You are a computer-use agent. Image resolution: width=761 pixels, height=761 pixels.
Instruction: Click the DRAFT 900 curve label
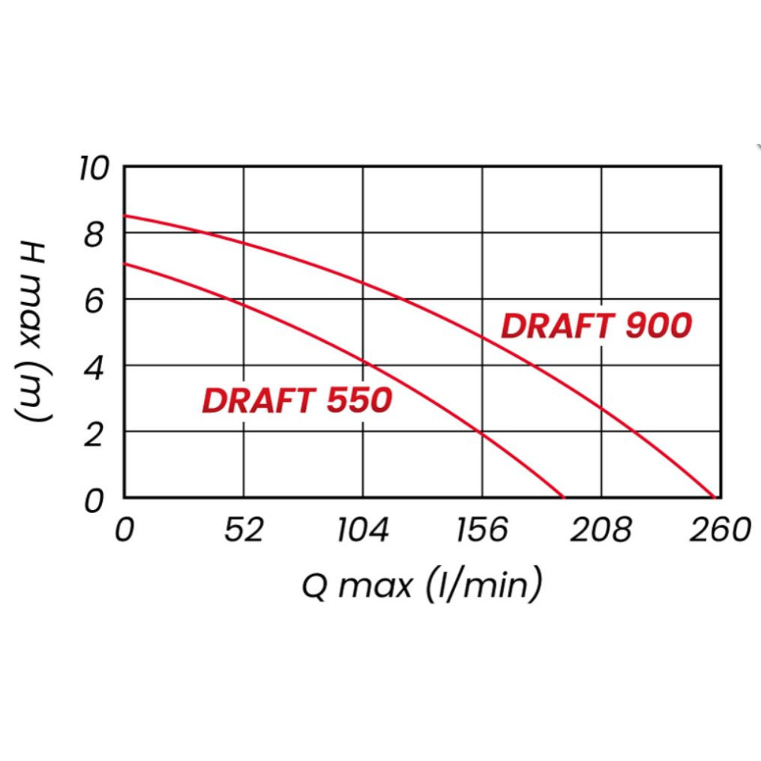point(596,326)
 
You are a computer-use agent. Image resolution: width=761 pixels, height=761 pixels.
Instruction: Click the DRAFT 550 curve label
point(297,400)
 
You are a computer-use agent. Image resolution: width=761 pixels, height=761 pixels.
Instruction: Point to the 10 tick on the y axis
point(94,167)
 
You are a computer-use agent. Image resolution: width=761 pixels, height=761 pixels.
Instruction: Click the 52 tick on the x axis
point(244,530)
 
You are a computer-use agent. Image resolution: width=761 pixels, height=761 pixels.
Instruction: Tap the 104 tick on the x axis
point(363,530)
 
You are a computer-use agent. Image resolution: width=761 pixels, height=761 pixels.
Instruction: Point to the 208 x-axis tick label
point(601,530)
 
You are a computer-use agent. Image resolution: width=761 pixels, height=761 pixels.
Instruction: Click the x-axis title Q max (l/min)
point(422,586)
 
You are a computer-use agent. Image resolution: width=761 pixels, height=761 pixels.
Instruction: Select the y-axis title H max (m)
point(33,332)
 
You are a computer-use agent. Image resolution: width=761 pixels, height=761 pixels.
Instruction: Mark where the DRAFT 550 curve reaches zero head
point(564,497)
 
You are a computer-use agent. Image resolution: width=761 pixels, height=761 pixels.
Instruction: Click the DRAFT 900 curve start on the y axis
point(125,216)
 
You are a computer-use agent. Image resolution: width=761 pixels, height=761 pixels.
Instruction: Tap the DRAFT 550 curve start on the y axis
point(125,264)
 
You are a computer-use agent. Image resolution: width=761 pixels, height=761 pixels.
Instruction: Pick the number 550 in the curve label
point(359,400)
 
